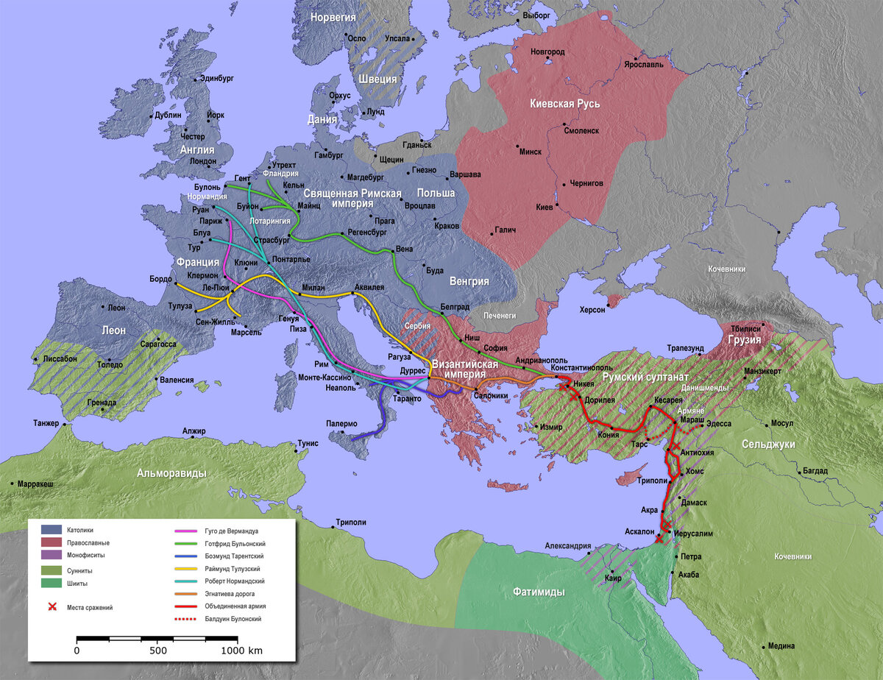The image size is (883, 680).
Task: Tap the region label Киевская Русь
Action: (x=565, y=104)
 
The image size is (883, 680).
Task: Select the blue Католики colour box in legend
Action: (x=51, y=529)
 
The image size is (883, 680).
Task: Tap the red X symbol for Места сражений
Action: (x=52, y=607)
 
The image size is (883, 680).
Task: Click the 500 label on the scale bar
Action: (x=158, y=651)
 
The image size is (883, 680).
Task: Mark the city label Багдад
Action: (x=815, y=471)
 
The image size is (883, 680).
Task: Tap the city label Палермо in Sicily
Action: (x=341, y=424)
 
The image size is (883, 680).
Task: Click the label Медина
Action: (x=781, y=646)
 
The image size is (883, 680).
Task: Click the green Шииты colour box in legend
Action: (x=51, y=584)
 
